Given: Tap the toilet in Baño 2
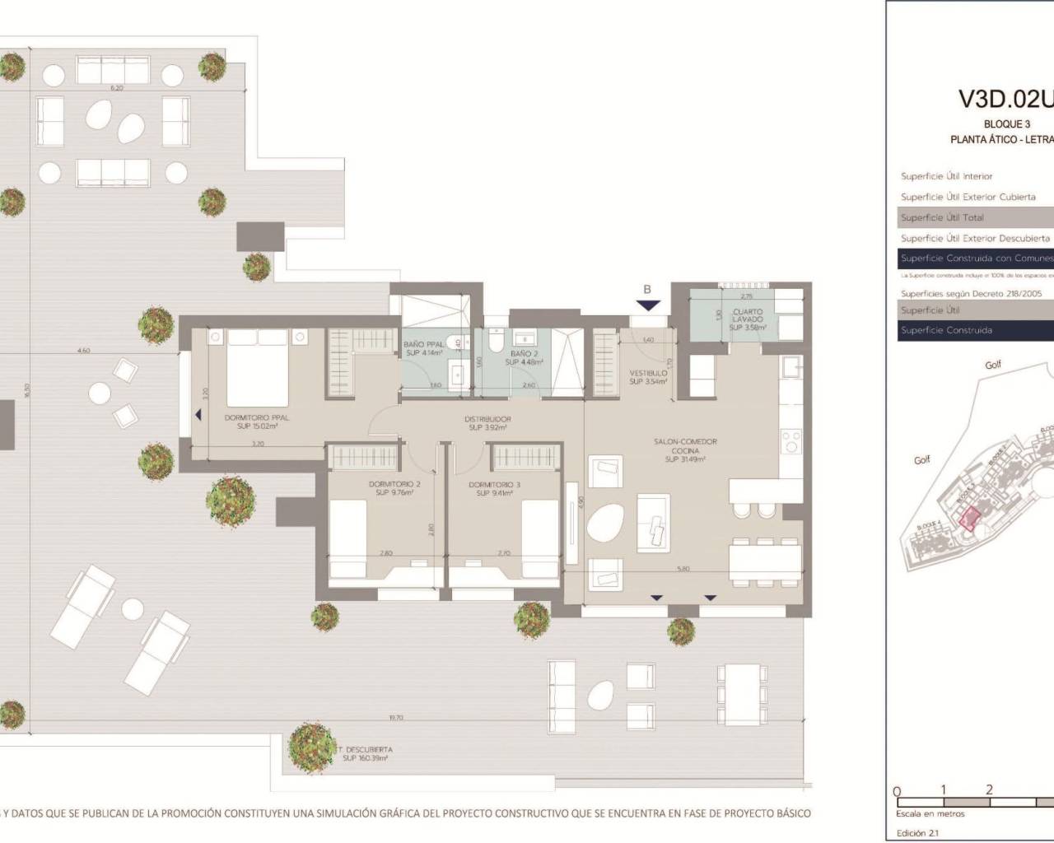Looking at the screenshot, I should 495,339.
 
